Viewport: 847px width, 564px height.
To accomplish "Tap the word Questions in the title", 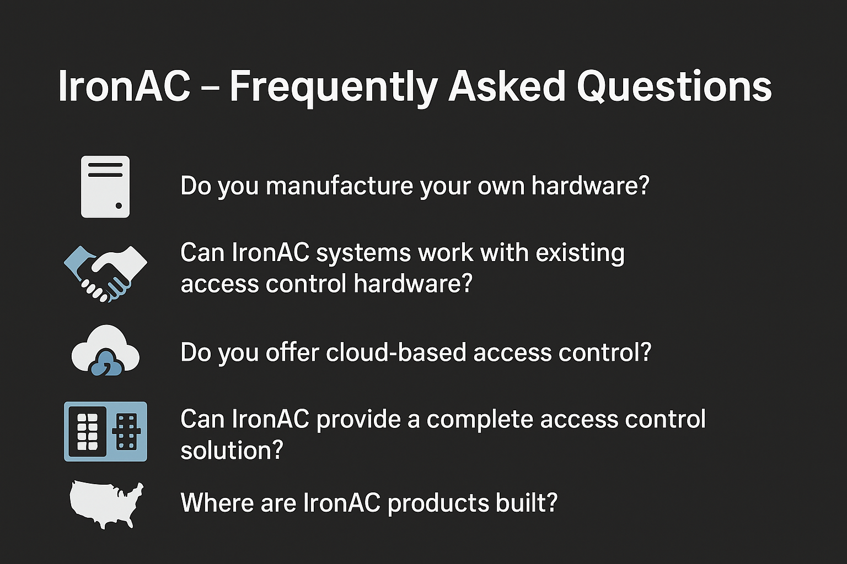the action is pos(674,86).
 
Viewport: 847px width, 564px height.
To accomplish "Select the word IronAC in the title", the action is pos(124,86).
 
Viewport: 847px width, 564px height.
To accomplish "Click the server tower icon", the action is pos(105,187).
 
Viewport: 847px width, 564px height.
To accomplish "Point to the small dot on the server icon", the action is pos(119,206).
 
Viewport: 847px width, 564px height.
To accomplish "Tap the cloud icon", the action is pos(105,350).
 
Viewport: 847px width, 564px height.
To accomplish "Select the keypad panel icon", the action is pos(105,431).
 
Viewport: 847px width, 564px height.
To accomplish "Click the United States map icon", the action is pos(106,505).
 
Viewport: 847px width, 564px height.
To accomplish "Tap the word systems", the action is pos(363,253).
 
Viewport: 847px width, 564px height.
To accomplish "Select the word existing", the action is pos(580,253).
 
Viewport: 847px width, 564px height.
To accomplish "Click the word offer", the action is pos(292,352).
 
